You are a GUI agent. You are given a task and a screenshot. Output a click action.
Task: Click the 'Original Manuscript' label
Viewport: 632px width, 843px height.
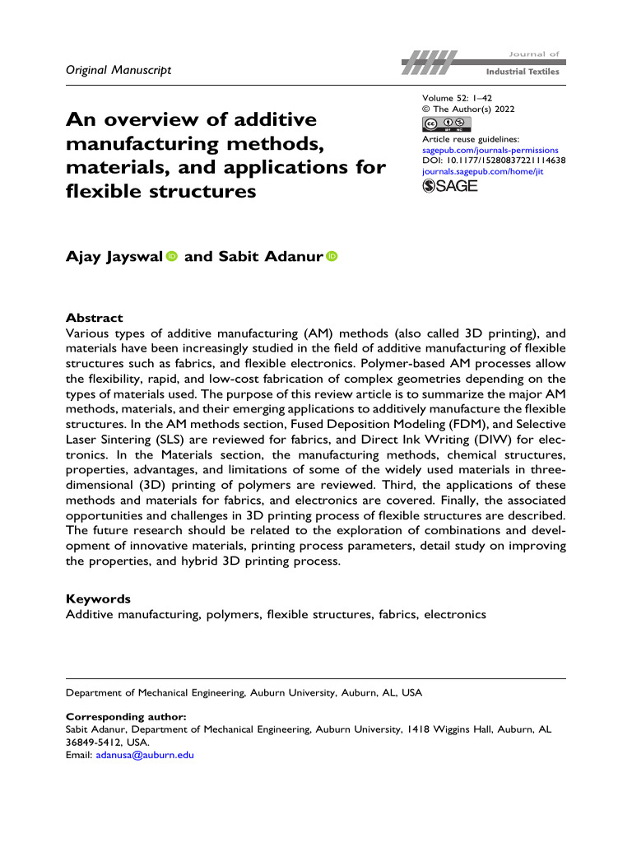(118, 70)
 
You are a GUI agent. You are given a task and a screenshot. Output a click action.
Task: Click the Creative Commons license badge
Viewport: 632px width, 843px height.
(449, 124)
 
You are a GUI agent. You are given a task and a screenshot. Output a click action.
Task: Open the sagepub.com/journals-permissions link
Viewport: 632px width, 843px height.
(490, 151)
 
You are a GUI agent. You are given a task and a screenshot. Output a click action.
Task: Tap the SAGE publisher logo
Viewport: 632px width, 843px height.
(449, 187)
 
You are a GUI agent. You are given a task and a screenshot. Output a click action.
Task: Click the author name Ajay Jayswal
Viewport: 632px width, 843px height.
(114, 257)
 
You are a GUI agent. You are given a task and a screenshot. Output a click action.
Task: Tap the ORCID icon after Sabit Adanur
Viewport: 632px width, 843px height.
(332, 257)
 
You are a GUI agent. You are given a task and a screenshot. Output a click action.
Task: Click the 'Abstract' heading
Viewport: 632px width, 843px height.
(94, 318)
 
